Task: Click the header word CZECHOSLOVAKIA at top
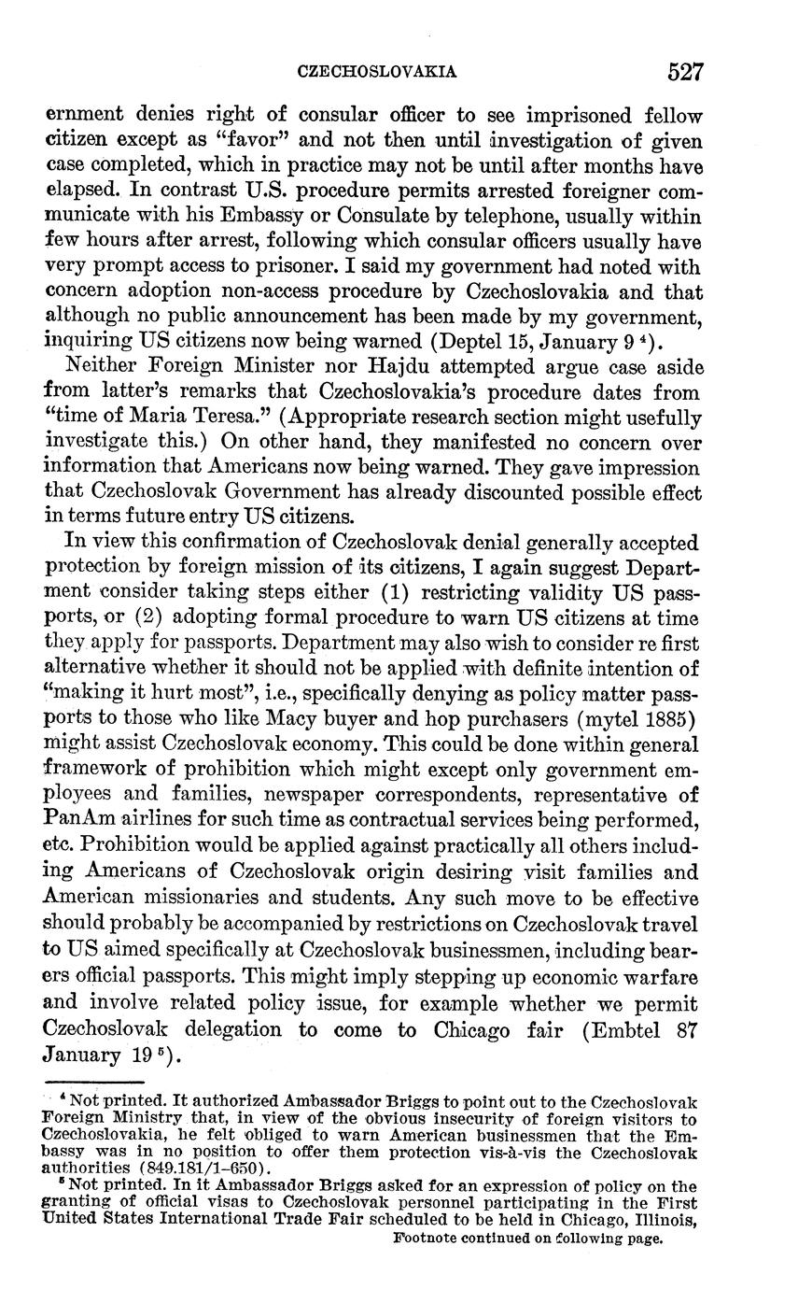[376, 71]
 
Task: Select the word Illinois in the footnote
[665, 1219]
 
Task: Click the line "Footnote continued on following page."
[527, 1239]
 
